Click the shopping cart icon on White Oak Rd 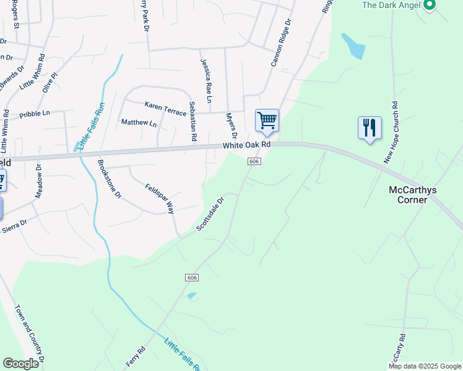click(267, 120)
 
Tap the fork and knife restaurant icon click(370, 128)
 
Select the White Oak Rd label click(248, 145)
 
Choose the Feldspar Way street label click(159, 198)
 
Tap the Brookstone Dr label click(110, 179)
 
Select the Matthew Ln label click(139, 123)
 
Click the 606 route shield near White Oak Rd click(254, 161)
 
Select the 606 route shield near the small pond click(191, 278)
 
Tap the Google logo click(21, 364)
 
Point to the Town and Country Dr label click(30, 334)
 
